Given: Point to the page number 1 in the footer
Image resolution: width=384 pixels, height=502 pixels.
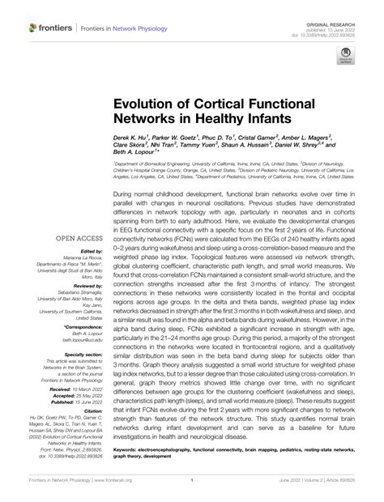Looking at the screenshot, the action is (x=192, y=491).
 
